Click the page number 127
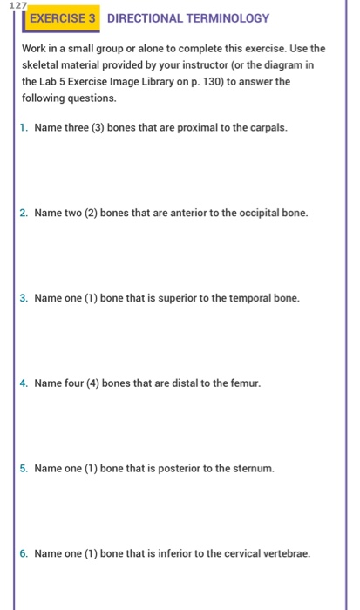point(10,5)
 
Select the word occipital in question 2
point(246,212)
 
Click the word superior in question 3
point(171,298)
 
